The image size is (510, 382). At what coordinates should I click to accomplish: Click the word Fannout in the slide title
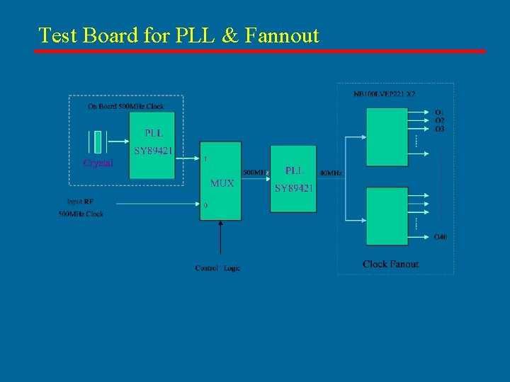281,35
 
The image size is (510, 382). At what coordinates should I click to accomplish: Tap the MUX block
221,181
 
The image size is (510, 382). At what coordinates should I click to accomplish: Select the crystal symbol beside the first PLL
98,141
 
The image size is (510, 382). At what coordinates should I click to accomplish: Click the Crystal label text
98,163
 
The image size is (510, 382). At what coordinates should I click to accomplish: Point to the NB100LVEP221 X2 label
384,93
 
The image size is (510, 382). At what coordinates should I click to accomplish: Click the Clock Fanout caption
390,264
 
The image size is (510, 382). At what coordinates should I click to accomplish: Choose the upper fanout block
387,139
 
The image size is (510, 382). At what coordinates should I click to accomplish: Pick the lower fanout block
387,216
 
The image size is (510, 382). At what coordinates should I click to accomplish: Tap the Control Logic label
217,268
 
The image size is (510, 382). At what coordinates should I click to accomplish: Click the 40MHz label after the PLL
331,173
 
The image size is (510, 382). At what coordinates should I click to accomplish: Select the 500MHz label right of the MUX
256,173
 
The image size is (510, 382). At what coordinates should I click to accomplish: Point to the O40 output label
441,236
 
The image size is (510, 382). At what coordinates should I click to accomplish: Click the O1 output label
440,112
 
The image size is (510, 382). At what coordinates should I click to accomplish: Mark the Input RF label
80,202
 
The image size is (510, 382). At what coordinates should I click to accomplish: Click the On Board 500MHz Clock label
125,107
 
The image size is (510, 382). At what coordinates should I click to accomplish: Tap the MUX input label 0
205,205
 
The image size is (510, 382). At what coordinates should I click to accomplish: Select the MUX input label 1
205,159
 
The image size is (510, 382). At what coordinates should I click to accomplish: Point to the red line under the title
261,51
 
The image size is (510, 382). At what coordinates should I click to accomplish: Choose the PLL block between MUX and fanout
293,178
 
